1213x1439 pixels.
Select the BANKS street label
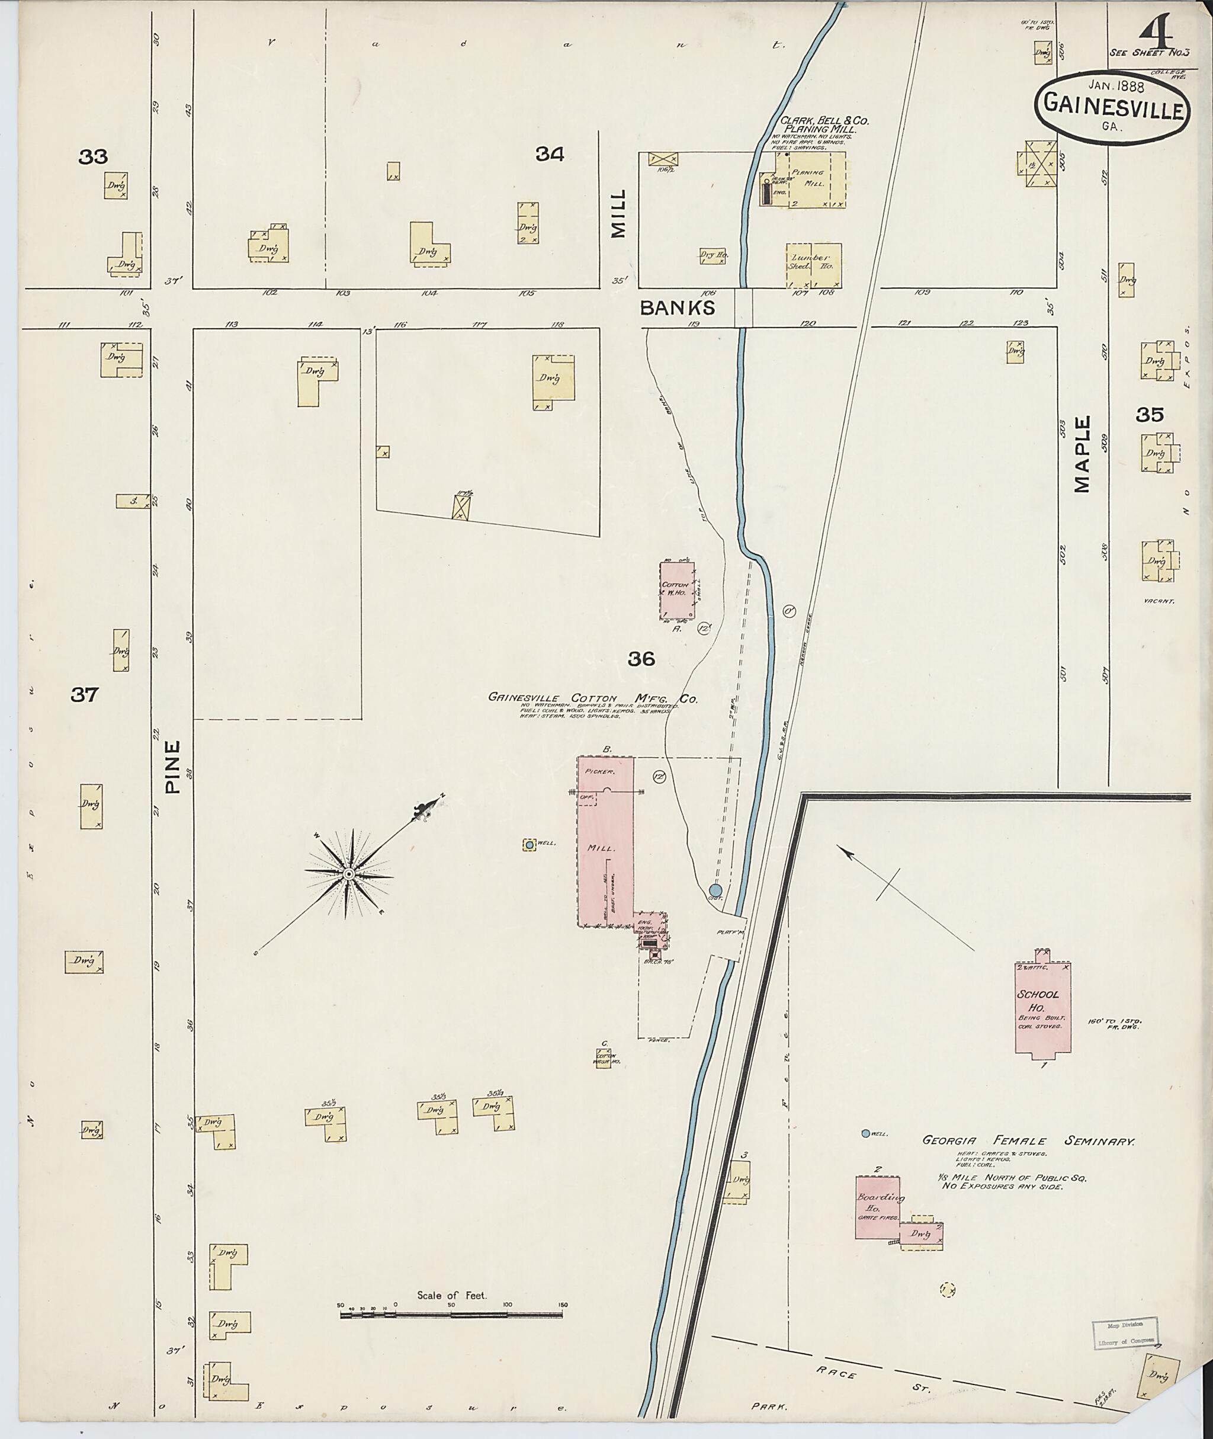(x=678, y=307)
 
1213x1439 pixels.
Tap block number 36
(x=641, y=659)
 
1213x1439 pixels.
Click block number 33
(x=93, y=158)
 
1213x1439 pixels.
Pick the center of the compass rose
(x=349, y=874)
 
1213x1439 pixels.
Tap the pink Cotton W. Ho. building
(x=678, y=589)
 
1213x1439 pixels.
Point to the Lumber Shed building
(x=813, y=265)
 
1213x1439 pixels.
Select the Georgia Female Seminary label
(x=1028, y=1141)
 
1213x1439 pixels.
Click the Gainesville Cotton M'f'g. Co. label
(x=593, y=697)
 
